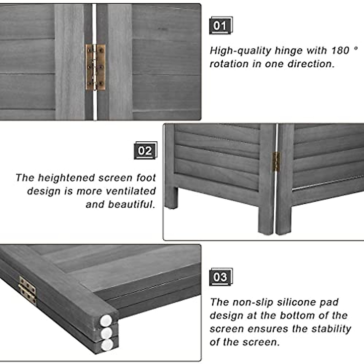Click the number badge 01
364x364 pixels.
click(x=220, y=26)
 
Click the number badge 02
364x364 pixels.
click(x=145, y=151)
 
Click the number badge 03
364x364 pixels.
click(x=220, y=277)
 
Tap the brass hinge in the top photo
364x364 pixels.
click(x=96, y=67)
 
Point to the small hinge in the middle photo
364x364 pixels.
click(x=276, y=162)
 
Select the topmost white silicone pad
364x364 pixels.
click(x=106, y=320)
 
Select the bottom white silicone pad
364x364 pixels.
click(x=107, y=345)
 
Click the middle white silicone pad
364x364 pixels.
click(x=106, y=333)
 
